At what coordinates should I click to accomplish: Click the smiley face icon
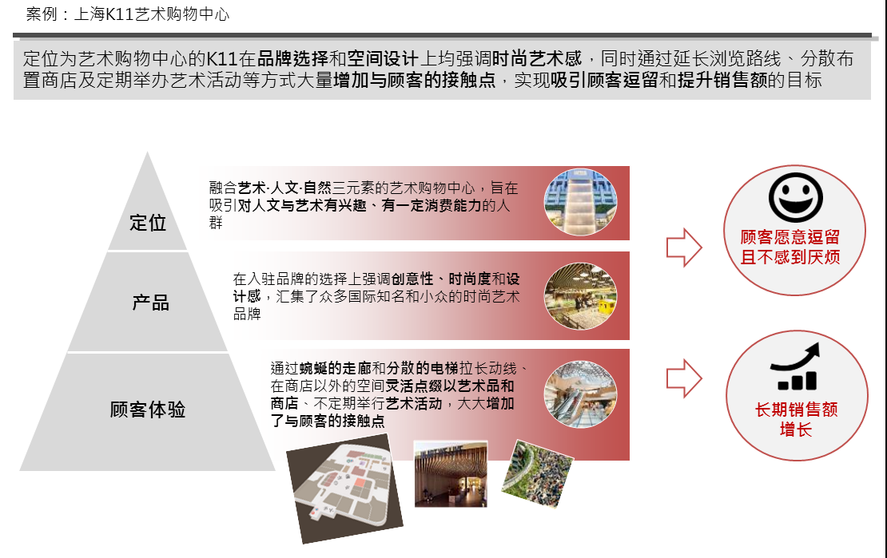(795, 197)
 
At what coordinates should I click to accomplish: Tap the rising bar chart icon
(795, 366)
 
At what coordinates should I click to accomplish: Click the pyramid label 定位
(148, 223)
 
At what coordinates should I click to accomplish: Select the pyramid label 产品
(150, 303)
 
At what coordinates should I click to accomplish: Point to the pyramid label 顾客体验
(148, 410)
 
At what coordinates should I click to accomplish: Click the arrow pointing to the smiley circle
(684, 247)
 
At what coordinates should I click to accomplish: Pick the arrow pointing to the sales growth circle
(684, 378)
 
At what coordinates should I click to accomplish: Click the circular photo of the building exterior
(580, 203)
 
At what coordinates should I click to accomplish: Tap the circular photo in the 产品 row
(580, 296)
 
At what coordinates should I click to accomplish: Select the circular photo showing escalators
(580, 394)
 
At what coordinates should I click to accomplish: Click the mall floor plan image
(344, 489)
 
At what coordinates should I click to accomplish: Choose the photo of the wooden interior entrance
(451, 473)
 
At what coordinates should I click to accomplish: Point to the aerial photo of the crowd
(538, 473)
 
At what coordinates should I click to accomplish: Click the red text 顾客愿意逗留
(790, 237)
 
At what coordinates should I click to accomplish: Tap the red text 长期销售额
(796, 410)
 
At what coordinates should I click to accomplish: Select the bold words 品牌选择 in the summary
(292, 58)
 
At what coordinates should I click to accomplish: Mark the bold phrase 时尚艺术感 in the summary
(537, 58)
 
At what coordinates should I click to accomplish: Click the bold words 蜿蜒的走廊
(335, 369)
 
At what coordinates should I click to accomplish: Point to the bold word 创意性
(412, 279)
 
